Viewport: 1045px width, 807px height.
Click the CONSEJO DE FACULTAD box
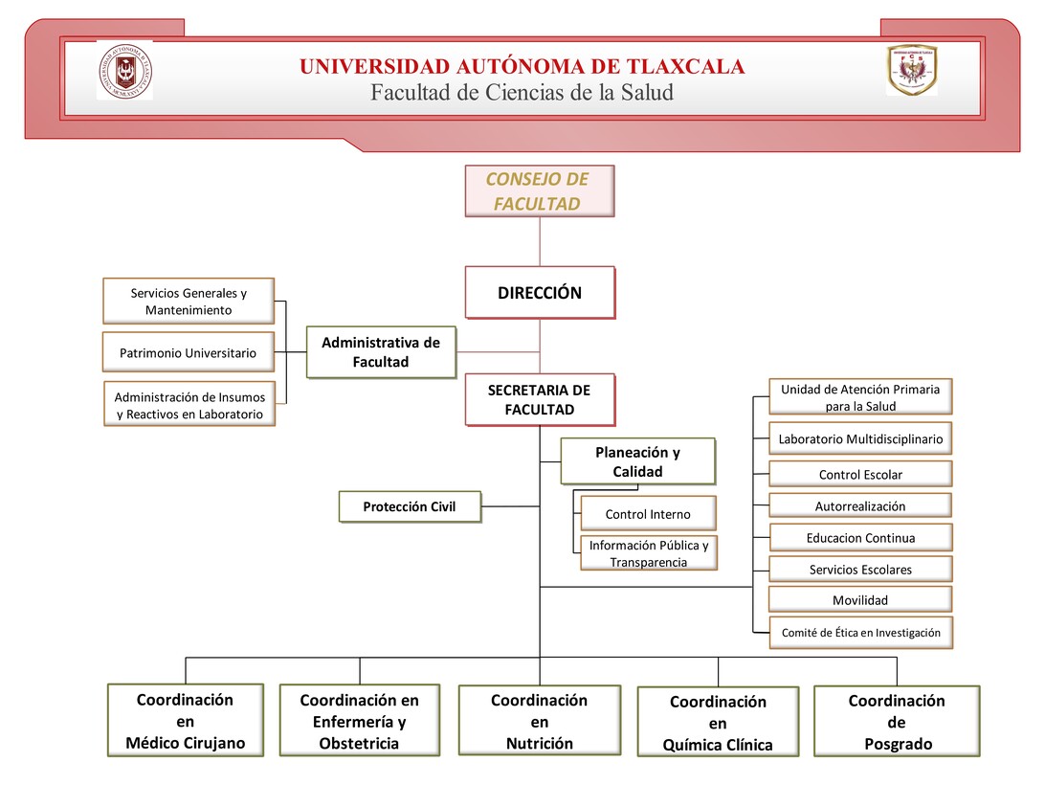tap(539, 191)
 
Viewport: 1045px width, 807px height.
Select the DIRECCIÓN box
tap(539, 293)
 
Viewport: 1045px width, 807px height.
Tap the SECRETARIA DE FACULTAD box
tap(539, 399)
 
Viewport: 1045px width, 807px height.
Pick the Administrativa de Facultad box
tap(380, 352)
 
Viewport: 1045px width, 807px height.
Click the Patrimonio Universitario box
tap(188, 352)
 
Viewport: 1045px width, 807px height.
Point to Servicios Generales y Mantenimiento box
tap(188, 302)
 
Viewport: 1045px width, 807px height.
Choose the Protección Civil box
tap(409, 506)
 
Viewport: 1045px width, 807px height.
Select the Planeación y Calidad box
tap(637, 462)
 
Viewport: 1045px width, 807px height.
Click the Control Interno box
tap(647, 514)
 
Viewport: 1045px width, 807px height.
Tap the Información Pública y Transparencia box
tap(649, 553)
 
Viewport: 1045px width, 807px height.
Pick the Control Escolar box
tap(860, 474)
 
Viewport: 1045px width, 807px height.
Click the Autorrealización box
tap(860, 505)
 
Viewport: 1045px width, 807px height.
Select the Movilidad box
tap(860, 600)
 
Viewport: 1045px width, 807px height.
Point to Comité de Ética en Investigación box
tap(860, 632)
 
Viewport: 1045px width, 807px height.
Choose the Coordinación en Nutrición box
tap(539, 721)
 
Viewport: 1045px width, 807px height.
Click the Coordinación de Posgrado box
tap(896, 722)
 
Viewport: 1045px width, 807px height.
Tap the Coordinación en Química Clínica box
tap(718, 723)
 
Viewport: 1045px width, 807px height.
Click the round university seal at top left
tap(124, 71)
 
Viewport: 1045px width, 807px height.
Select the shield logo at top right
tap(911, 70)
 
